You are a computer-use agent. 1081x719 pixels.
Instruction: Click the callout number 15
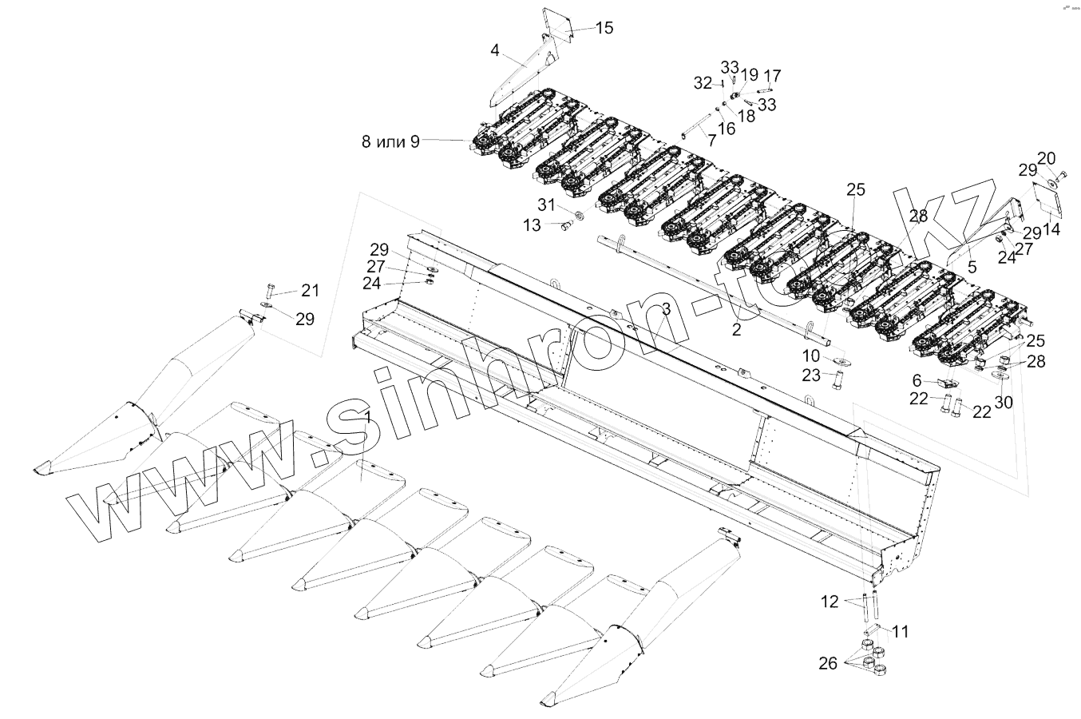click(604, 28)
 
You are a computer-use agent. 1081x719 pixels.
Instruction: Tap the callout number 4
click(495, 50)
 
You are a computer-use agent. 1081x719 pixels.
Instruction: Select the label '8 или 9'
click(390, 142)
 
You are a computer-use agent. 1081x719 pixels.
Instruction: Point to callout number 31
click(544, 204)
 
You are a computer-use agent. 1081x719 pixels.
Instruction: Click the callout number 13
click(532, 226)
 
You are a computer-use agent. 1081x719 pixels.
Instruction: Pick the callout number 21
click(310, 289)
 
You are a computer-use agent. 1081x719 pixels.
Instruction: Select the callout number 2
click(736, 329)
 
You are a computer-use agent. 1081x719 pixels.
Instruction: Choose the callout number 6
click(917, 381)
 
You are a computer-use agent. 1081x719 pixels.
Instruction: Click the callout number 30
click(1003, 402)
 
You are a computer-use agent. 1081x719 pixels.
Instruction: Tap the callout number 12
click(830, 602)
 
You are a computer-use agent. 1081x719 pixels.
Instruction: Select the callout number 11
click(901, 632)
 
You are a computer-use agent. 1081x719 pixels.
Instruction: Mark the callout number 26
click(828, 663)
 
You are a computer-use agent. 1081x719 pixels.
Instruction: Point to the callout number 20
click(1047, 157)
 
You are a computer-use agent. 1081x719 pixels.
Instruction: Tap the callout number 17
click(772, 77)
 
